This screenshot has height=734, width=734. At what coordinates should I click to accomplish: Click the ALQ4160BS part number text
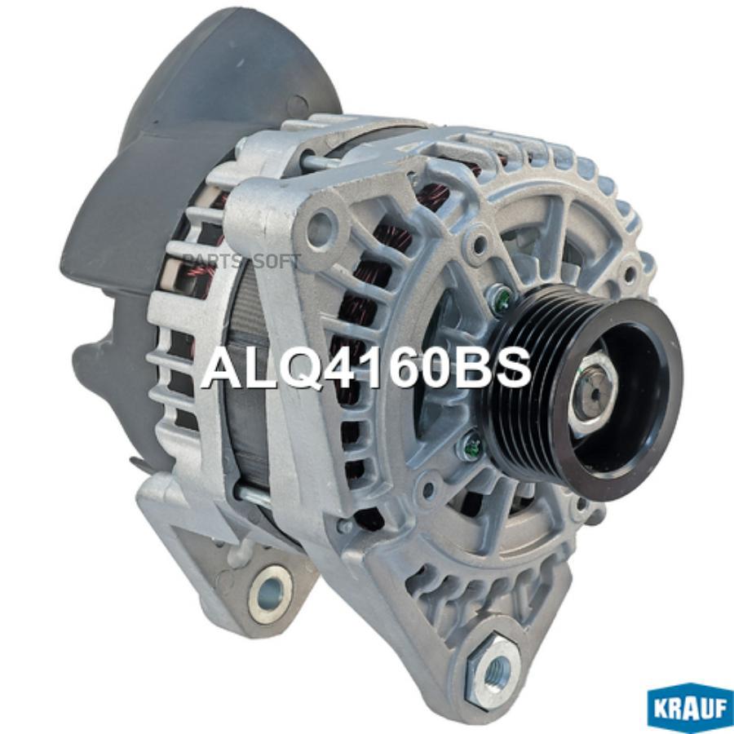click(x=367, y=369)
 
